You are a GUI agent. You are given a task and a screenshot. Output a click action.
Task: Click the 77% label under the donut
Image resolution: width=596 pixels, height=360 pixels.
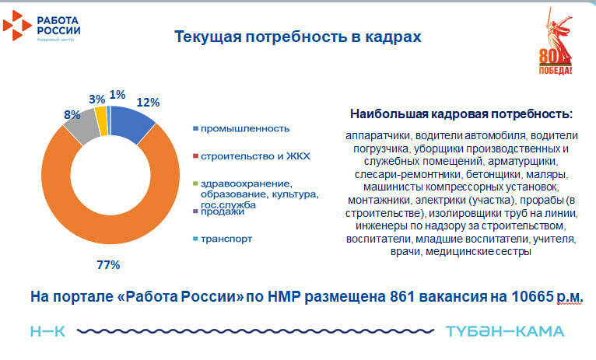point(107,266)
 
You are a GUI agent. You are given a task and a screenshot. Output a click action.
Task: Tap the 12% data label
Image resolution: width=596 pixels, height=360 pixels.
point(148,102)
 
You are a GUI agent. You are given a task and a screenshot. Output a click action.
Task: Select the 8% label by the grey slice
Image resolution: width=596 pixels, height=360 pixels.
point(72,114)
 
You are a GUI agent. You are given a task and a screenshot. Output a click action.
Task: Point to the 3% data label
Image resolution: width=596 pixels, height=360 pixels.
point(96,100)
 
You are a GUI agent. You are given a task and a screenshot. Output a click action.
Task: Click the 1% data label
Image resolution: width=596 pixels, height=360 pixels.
point(117,95)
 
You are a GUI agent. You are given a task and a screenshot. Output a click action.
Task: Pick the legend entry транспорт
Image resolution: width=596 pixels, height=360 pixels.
point(226,239)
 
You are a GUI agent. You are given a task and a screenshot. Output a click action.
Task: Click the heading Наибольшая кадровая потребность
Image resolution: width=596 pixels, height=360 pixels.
point(461,114)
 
